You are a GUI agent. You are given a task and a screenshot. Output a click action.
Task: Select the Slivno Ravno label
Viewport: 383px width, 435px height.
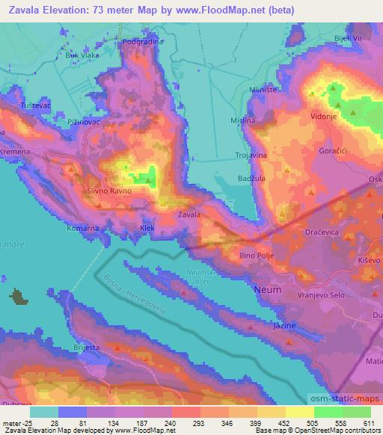110,191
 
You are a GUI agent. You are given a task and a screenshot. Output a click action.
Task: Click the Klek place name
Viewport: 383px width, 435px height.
147,227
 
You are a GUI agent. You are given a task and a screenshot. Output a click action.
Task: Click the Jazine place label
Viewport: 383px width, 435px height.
285,326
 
